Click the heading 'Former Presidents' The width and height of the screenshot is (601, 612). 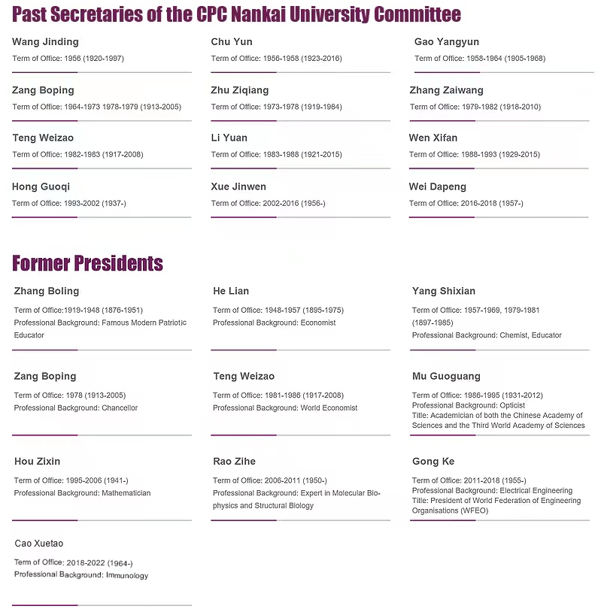(x=87, y=263)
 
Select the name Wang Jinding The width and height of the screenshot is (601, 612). (x=45, y=42)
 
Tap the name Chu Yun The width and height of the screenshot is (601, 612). (x=232, y=42)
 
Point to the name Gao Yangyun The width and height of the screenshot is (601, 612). (x=446, y=42)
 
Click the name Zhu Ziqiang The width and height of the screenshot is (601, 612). (x=240, y=90)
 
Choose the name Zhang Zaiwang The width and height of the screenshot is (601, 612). (x=446, y=90)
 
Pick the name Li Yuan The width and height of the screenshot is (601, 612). (x=229, y=138)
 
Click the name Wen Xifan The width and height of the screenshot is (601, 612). (x=433, y=138)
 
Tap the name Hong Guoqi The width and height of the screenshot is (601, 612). (x=41, y=186)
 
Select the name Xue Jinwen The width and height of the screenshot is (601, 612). (x=238, y=186)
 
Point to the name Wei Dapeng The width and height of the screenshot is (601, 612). (x=438, y=186)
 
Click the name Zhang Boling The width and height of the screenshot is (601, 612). (x=47, y=291)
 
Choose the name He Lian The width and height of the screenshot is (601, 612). (x=231, y=291)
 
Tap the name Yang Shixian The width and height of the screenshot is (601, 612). (x=444, y=291)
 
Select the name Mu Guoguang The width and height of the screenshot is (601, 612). (x=446, y=376)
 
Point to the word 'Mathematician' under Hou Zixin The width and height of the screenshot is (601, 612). (x=126, y=493)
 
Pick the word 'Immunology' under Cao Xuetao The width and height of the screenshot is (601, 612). (x=127, y=575)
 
